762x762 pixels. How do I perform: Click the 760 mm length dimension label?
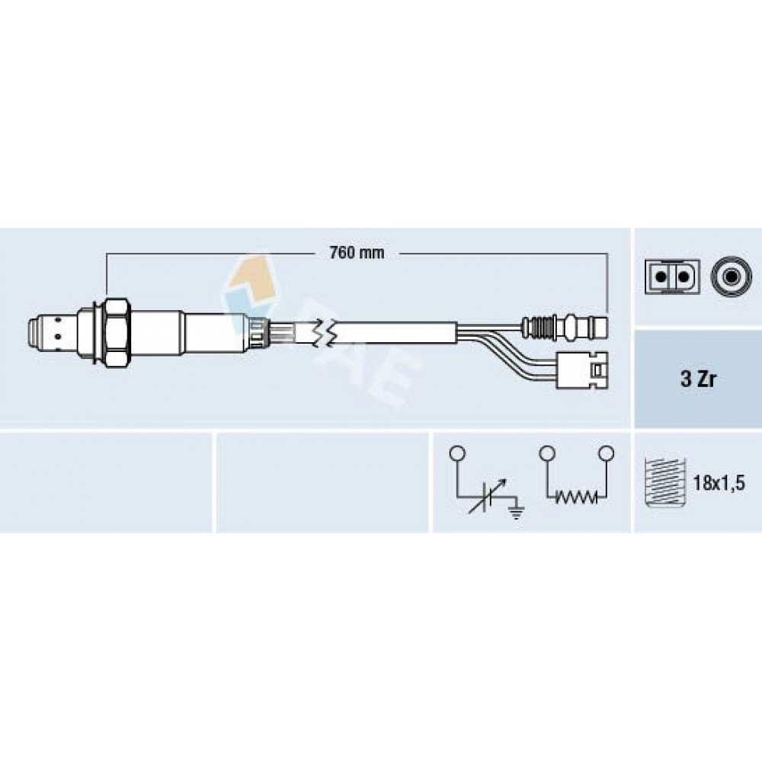(357, 253)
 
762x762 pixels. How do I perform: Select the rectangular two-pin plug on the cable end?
(582, 370)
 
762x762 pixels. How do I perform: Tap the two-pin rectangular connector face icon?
(672, 277)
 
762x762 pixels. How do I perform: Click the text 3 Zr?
(698, 379)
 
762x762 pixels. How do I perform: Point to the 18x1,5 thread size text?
(719, 484)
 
